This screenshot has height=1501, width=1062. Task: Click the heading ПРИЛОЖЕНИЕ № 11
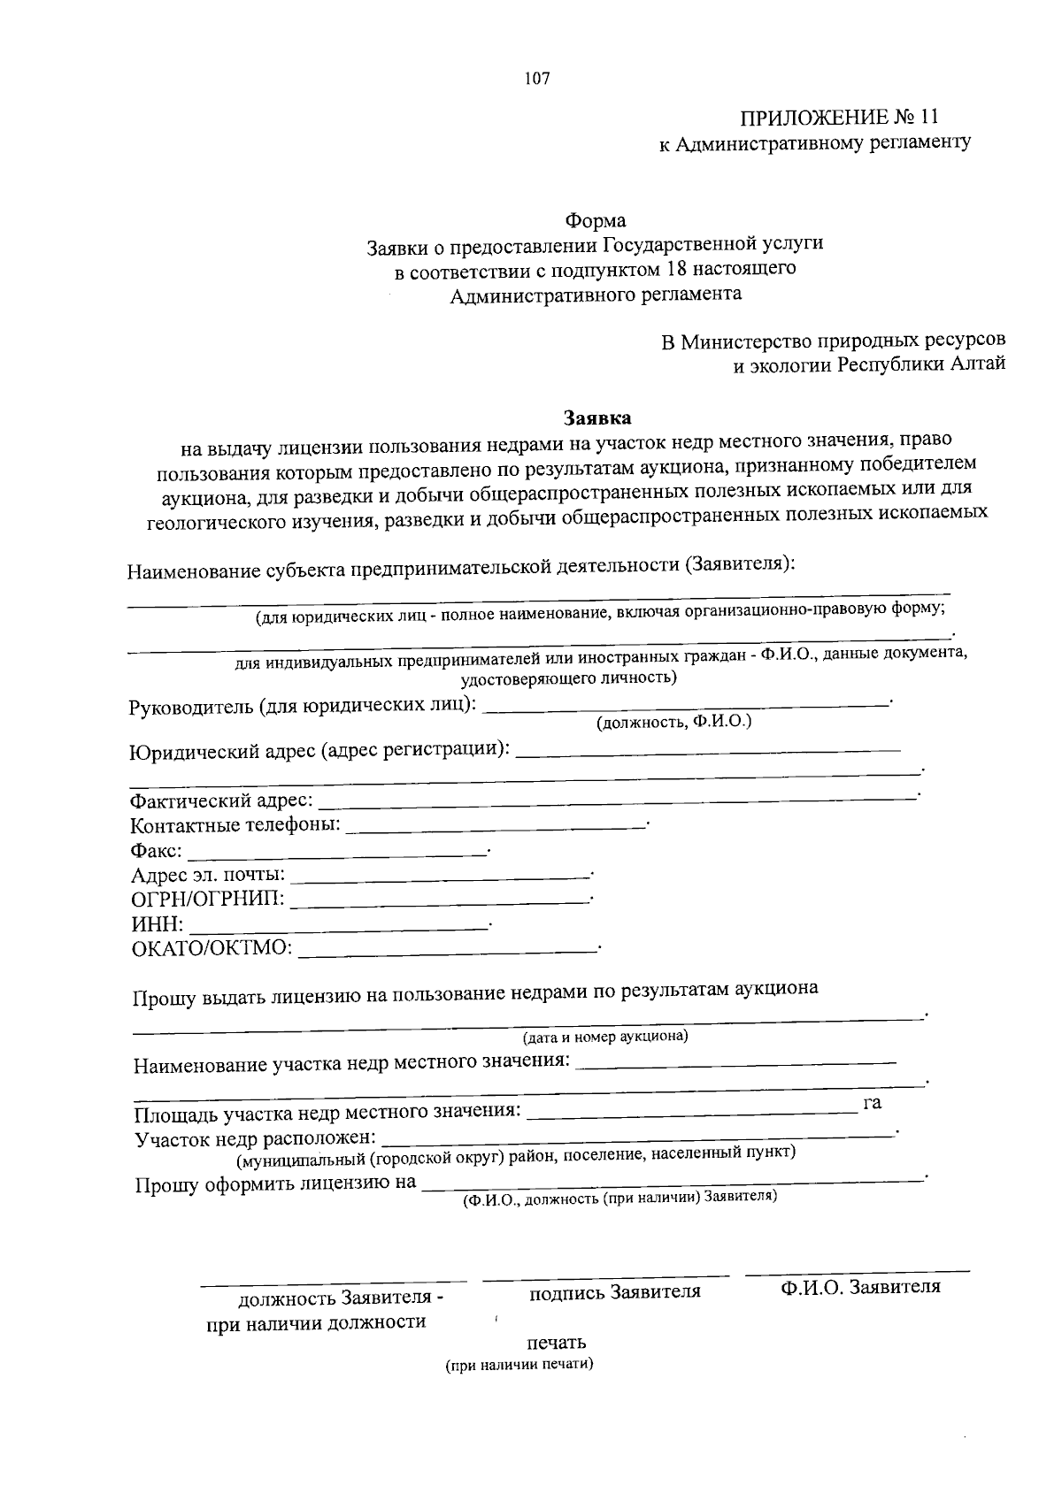(x=838, y=118)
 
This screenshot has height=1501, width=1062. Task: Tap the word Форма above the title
(x=596, y=220)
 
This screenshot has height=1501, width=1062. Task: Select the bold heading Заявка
(x=598, y=416)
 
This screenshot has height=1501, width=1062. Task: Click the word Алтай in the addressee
(x=978, y=364)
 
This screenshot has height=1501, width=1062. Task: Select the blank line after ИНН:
(x=340, y=927)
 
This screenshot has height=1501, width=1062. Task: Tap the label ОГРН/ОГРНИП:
(x=208, y=900)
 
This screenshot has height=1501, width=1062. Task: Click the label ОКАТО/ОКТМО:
(x=212, y=949)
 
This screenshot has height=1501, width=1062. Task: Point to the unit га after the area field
(x=872, y=1103)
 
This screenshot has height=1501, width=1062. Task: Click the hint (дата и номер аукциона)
(x=605, y=1036)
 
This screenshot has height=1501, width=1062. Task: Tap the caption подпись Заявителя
(x=614, y=1292)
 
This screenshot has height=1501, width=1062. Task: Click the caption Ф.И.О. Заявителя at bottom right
(x=860, y=1287)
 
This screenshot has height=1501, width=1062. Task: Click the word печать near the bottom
(x=557, y=1343)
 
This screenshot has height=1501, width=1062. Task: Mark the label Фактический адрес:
(x=220, y=801)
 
